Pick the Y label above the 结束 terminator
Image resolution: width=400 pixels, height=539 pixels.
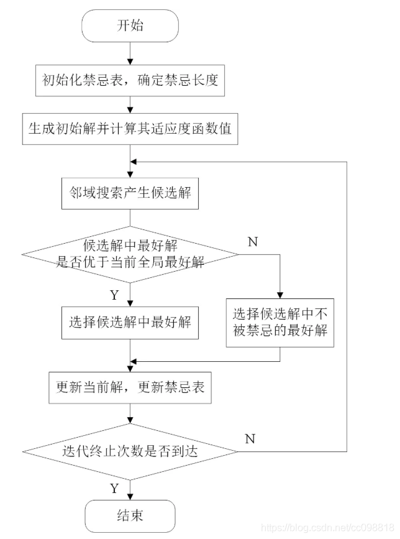click(114, 488)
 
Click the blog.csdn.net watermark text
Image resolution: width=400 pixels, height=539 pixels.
click(329, 528)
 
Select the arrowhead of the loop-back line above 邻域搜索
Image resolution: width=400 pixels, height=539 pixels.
click(134, 160)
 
